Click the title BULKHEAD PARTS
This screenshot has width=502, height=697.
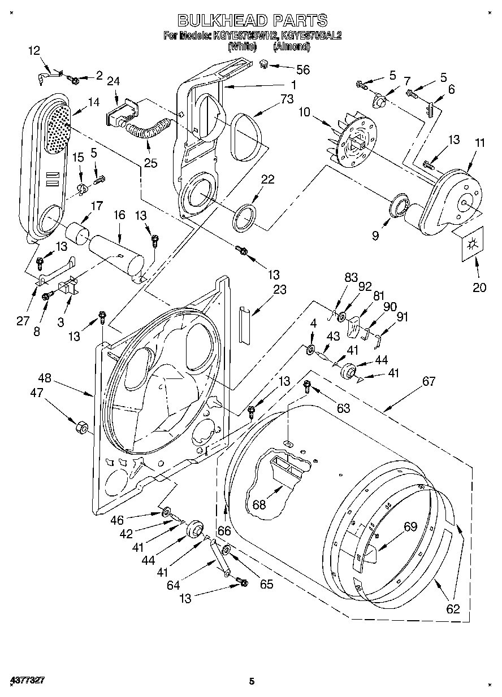(x=252, y=21)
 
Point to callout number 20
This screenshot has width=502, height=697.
(x=479, y=287)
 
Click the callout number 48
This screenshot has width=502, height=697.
(x=45, y=379)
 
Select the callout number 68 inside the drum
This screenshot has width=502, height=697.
(x=259, y=504)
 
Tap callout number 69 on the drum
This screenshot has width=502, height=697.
(x=410, y=527)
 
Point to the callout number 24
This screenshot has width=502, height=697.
(x=114, y=81)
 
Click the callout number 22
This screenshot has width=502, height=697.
(x=267, y=179)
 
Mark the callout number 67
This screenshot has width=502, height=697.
(x=429, y=382)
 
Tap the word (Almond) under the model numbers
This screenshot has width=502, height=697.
(x=291, y=47)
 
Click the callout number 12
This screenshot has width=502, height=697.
(x=34, y=51)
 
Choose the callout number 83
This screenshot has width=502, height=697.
(x=351, y=277)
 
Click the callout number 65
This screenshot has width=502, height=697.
(x=266, y=584)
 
